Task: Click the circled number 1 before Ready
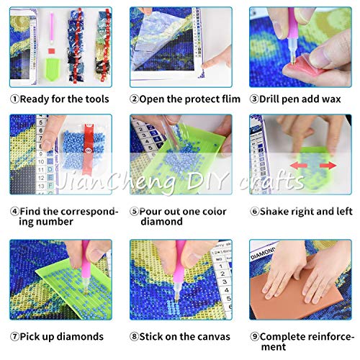[14, 99]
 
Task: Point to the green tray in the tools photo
[52, 69]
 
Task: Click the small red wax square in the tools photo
[51, 51]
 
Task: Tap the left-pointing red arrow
[299, 166]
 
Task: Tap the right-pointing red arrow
[328, 166]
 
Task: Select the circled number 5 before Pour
[135, 212]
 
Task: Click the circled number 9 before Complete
[254, 336]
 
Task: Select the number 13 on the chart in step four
[41, 186]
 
